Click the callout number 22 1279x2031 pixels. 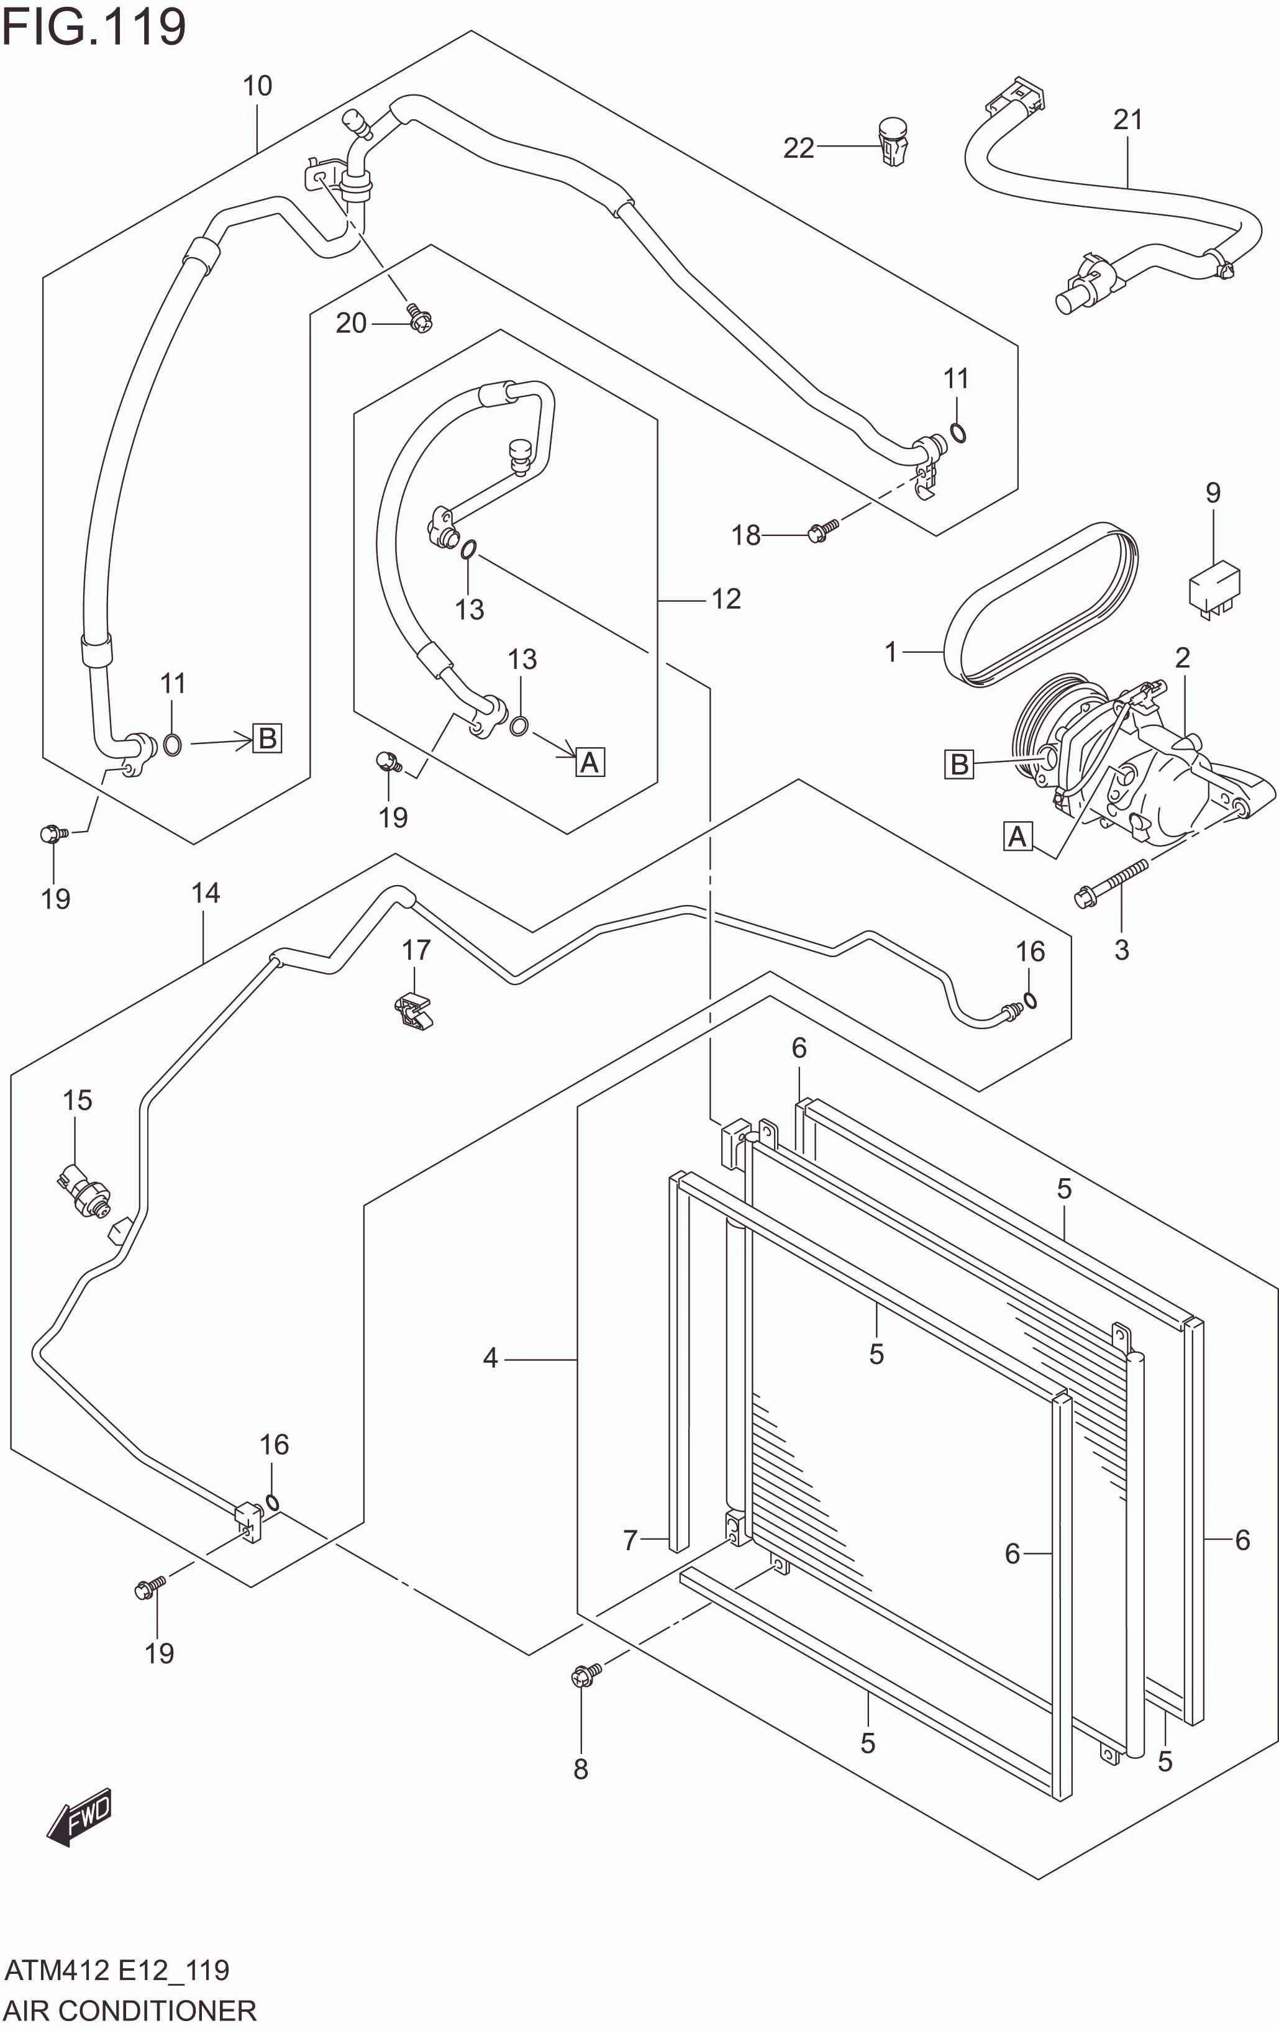coord(798,148)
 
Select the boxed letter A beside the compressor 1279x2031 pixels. coord(1017,836)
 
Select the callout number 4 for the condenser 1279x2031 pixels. coord(490,1358)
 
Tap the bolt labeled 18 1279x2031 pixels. coord(822,530)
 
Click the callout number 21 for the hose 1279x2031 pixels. coord(1127,120)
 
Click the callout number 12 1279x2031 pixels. coord(726,599)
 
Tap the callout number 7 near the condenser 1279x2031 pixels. coord(629,1540)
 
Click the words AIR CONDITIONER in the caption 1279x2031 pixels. coord(131,2009)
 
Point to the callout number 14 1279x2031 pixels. coord(205,893)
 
